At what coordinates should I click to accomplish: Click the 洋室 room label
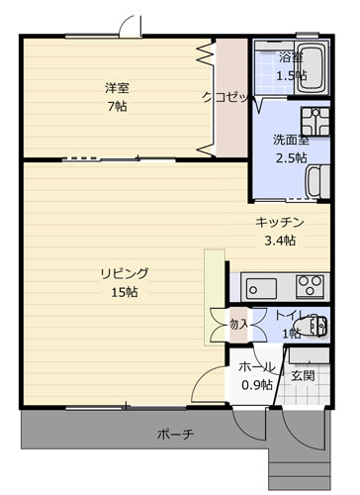click(117, 88)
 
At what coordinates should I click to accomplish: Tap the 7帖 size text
click(118, 106)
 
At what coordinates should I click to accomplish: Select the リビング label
click(125, 273)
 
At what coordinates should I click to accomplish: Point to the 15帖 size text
click(125, 292)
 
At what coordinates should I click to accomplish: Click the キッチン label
click(280, 222)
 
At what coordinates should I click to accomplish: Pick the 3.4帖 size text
click(280, 241)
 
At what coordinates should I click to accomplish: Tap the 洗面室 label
click(291, 140)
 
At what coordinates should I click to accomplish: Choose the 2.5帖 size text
click(292, 158)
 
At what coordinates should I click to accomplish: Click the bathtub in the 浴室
click(313, 68)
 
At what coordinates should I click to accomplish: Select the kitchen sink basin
click(262, 288)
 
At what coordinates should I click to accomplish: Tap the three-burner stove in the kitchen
click(310, 287)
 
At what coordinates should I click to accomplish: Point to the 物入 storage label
click(238, 325)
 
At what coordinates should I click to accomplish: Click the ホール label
click(257, 366)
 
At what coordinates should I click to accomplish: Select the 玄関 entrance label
click(303, 375)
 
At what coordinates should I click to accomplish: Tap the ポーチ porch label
click(175, 434)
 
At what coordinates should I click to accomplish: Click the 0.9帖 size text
click(257, 384)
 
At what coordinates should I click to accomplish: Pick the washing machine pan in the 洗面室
click(315, 121)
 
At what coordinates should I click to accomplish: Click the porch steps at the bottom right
click(300, 473)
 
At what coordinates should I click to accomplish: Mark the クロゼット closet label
click(227, 97)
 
